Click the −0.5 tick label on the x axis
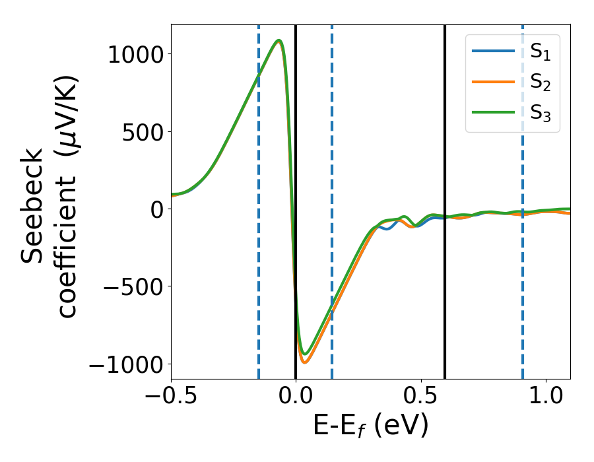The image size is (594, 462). coord(171,398)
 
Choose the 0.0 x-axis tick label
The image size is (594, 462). coord(296,398)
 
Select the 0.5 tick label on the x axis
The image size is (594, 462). coord(421,398)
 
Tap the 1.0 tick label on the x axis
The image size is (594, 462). coord(546,398)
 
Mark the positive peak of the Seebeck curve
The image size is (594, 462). coord(279,40)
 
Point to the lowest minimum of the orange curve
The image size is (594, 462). coord(304,362)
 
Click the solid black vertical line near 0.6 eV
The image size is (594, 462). coord(445,165)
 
